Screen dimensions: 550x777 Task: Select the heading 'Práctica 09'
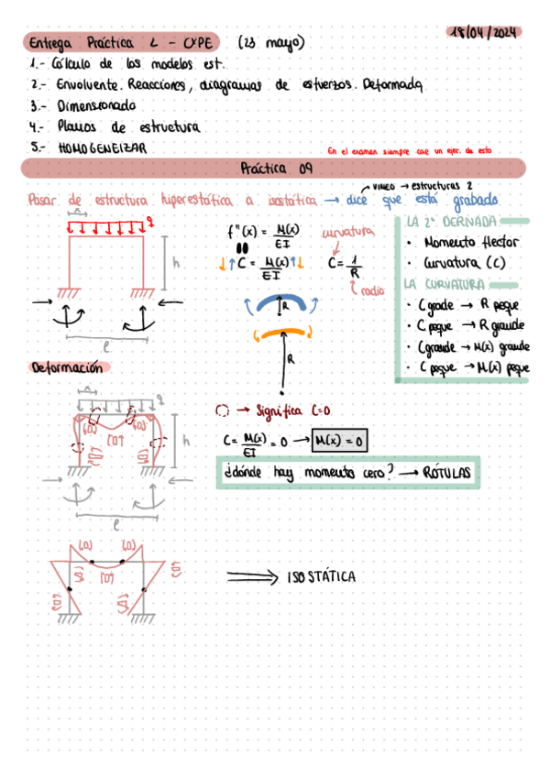tap(275, 169)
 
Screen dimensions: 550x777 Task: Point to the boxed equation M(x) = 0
tap(339, 442)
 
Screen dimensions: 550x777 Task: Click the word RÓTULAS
tap(445, 473)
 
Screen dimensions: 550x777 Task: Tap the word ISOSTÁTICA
tap(321, 577)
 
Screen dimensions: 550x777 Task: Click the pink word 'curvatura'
tap(347, 233)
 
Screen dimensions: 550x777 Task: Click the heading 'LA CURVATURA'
tap(440, 283)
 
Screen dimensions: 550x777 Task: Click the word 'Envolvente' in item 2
tap(82, 85)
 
